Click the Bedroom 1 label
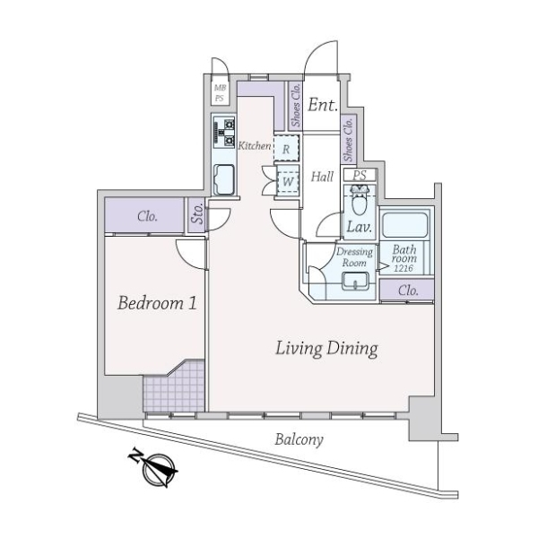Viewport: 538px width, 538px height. point(157,303)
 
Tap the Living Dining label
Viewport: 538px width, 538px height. point(326,349)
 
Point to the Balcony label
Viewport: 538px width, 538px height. point(299,439)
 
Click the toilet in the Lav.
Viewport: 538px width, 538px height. point(360,201)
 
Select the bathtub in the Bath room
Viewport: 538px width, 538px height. point(405,225)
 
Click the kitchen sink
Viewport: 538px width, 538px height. point(224,179)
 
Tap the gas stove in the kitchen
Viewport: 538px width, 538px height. point(224,132)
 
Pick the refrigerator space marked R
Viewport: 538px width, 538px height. point(287,148)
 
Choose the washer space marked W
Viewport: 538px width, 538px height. point(288,181)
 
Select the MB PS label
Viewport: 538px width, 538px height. point(220,93)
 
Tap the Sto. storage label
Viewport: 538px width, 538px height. point(197,213)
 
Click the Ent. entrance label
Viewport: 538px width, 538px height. point(322,105)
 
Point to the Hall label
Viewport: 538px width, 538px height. point(322,177)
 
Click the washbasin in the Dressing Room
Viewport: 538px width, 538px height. point(356,282)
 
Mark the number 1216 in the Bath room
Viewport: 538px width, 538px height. point(403,268)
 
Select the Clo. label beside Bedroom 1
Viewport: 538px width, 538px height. point(148,216)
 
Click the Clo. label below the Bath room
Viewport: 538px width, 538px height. point(408,291)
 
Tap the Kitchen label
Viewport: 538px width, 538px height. point(255,146)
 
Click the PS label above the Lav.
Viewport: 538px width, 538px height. point(360,175)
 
